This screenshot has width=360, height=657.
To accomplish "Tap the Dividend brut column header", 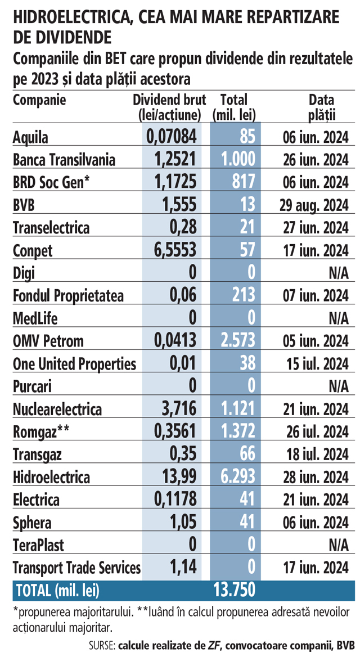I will click(x=169, y=107).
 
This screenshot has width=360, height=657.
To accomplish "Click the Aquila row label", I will click(x=31, y=137).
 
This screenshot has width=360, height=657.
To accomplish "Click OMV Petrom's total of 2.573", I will click(x=236, y=341).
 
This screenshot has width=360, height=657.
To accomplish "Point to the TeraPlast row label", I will click(x=38, y=546).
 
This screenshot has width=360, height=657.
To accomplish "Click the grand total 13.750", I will click(x=234, y=589).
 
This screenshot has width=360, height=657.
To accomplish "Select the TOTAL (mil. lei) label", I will click(x=58, y=590).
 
